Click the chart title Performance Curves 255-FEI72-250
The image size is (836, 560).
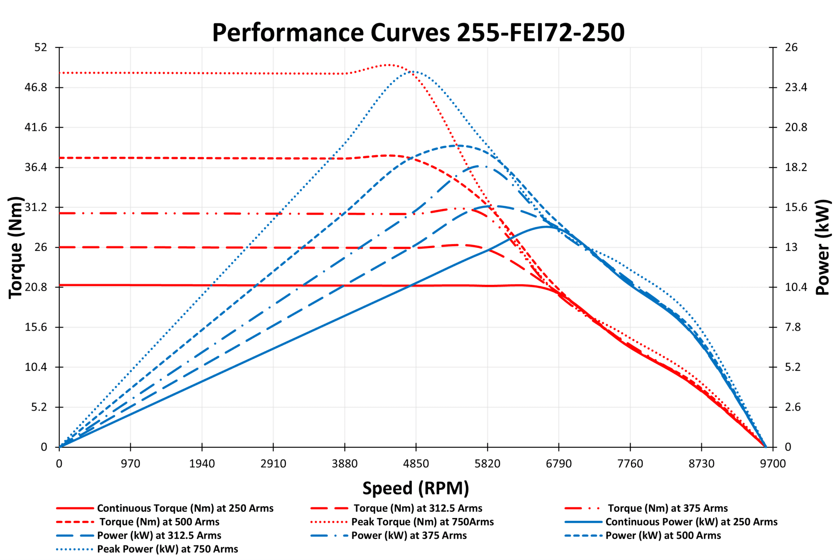point(418,33)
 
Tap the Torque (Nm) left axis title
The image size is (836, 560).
point(16,247)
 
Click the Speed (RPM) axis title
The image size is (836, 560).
point(416,488)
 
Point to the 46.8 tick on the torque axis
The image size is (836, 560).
point(36,87)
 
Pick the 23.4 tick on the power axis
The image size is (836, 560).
point(796,87)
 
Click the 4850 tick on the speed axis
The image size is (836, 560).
point(416,464)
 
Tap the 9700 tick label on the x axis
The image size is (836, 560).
point(772,464)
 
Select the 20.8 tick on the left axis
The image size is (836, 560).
point(36,287)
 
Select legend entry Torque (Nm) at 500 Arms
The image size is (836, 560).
point(159,522)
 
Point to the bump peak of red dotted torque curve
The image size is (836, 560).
point(389,65)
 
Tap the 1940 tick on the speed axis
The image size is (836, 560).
point(202,464)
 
